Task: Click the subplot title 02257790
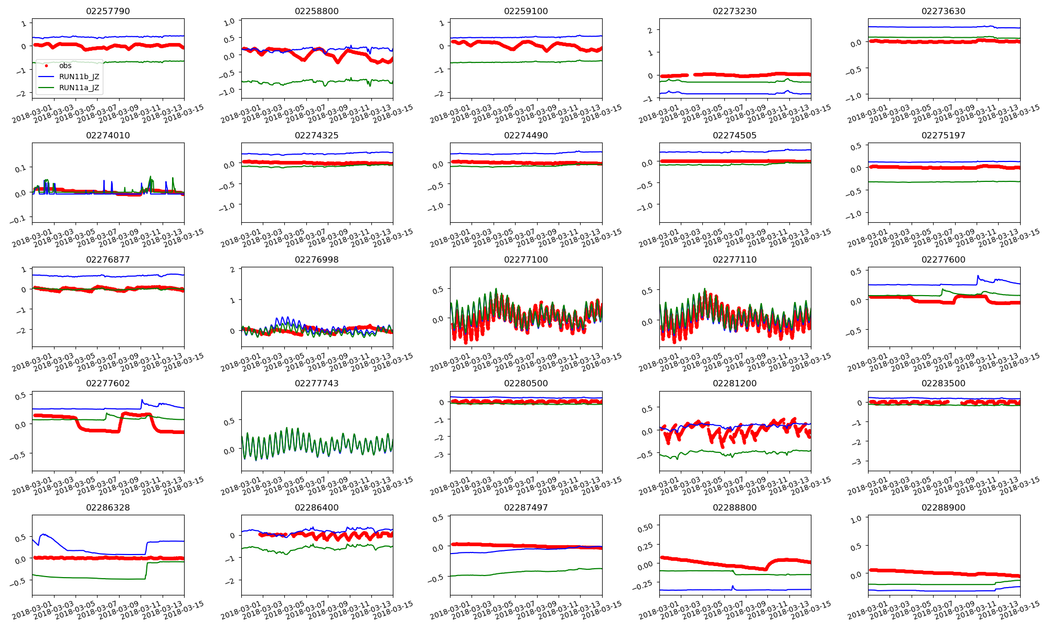pyautogui.click(x=108, y=12)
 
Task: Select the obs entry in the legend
pyautogui.click(x=65, y=66)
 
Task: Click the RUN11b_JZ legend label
pyautogui.click(x=79, y=77)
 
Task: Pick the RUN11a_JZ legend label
pyautogui.click(x=79, y=88)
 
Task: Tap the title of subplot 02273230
pyautogui.click(x=735, y=12)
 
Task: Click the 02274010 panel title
pyautogui.click(x=108, y=136)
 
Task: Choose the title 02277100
pyautogui.click(x=526, y=260)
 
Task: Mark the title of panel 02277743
pyautogui.click(x=317, y=384)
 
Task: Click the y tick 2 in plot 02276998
pyautogui.click(x=232, y=269)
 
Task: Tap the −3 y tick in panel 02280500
pyautogui.click(x=440, y=455)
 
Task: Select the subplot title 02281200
pyautogui.click(x=735, y=384)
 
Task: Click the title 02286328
pyautogui.click(x=108, y=508)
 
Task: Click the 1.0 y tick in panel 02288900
pyautogui.click(x=855, y=519)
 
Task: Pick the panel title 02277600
pyautogui.click(x=944, y=260)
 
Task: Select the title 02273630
pyautogui.click(x=944, y=12)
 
